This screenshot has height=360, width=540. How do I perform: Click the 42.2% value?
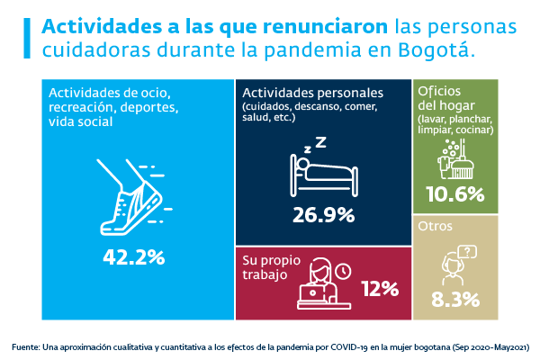pyautogui.click(x=134, y=256)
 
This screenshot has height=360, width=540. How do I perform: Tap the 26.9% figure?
pyautogui.click(x=323, y=215)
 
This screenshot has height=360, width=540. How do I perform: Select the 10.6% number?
pyautogui.click(x=454, y=194)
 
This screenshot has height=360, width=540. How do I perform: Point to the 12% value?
pyautogui.click(x=379, y=288)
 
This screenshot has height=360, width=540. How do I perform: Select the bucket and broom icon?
pyautogui.click(x=454, y=159)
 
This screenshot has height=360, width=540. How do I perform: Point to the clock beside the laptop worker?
pyautogui.click(x=342, y=270)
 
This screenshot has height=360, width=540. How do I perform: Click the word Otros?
pyautogui.click(x=435, y=226)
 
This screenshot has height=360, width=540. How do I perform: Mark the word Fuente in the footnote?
pyautogui.click(x=28, y=346)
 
